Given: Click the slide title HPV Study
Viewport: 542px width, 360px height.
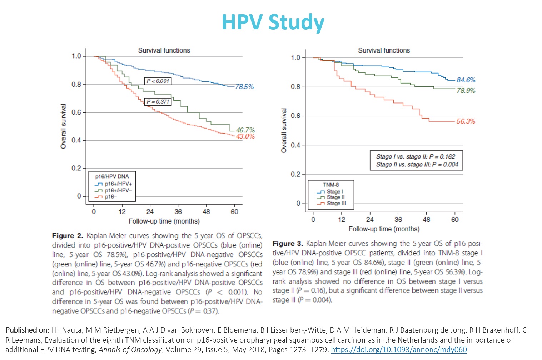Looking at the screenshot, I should (x=273, y=22).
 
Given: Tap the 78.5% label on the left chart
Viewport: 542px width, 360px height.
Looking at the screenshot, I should (x=244, y=86).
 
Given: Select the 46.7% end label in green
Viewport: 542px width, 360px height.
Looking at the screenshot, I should (x=245, y=130).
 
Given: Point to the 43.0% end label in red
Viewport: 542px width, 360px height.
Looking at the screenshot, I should (x=245, y=136).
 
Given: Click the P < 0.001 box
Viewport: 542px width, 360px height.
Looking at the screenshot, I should (x=158, y=81).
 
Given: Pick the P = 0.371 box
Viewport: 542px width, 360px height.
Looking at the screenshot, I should (x=158, y=102).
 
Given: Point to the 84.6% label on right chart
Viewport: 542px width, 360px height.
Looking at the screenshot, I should (x=466, y=80).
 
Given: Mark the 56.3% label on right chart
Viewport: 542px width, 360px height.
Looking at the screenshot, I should (x=466, y=121).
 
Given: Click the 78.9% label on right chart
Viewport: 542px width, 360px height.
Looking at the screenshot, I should (x=466, y=91).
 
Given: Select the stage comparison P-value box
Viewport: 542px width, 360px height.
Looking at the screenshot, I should (x=417, y=160).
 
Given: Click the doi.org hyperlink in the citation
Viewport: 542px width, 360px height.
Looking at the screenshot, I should (x=399, y=350).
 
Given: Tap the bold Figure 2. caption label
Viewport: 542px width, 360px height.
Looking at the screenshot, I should (x=68, y=236).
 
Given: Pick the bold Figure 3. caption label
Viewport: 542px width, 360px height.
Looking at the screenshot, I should (x=288, y=244).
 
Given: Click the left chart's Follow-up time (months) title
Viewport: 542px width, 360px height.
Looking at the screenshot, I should (x=164, y=221).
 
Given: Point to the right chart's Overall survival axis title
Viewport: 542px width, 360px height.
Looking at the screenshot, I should (x=284, y=131).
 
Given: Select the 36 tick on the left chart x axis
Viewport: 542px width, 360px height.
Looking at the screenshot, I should (x=178, y=211).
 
